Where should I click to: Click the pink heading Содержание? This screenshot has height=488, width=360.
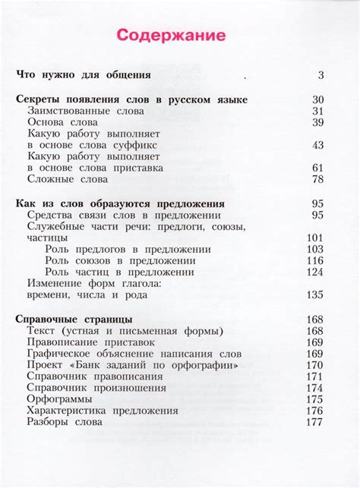coord(170,36)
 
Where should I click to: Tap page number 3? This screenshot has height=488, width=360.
coord(321,75)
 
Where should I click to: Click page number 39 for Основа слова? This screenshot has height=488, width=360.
coord(318,122)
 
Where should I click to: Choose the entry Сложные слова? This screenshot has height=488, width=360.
coord(68,179)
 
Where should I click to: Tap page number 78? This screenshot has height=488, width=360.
coord(318,179)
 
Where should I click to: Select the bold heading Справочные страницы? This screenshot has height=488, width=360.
coord(74,320)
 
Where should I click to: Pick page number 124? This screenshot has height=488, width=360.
coord(315,272)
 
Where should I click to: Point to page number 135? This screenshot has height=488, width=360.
coord(315,295)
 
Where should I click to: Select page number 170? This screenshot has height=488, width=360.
coord(315,365)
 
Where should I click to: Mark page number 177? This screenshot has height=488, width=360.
coord(315,422)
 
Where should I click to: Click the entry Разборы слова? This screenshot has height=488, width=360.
coord(62,422)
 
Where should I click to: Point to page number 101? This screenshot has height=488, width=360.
coord(315,238)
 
